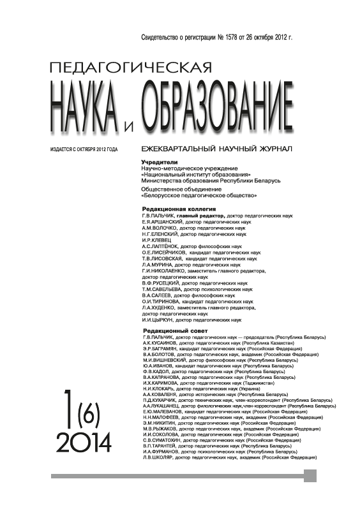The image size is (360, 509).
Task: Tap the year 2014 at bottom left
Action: coord(84,439)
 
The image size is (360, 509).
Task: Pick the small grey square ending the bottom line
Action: coord(310,476)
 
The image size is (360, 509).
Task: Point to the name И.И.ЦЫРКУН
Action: coord(157,320)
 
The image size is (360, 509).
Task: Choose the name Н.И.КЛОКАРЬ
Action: coord(160,388)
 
